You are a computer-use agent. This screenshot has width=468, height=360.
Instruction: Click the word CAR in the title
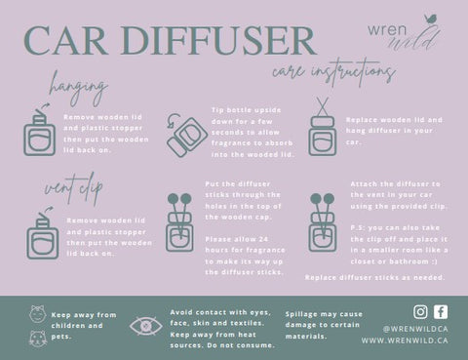pos(65,40)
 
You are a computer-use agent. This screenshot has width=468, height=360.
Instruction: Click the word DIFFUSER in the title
pos(218,40)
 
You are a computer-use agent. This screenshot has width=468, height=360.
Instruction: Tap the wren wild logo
pos(404,33)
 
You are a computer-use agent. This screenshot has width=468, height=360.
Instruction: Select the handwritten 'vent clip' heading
pos(73,188)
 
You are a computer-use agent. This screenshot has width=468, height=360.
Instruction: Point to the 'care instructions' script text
pos(333,71)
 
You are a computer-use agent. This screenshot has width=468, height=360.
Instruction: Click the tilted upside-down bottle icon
pos(187,136)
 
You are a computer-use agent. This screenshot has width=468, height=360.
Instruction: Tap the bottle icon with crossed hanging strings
pos(323,127)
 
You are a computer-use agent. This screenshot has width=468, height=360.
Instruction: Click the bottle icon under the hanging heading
pos(39,130)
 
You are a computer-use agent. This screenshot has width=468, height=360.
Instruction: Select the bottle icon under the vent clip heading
pos(43,232)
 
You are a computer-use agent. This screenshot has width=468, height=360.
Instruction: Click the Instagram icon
pos(420,312)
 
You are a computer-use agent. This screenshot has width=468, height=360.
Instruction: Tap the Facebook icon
pos(441,312)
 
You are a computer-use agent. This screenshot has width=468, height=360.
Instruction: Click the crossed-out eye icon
pos(146,326)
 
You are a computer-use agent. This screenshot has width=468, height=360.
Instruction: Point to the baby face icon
pos(37,314)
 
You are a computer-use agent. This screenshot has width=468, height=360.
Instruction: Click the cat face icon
pos(38,340)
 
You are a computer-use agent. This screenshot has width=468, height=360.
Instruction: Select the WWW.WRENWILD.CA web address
pos(405,340)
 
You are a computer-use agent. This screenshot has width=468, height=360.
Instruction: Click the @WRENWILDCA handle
pos(415,329)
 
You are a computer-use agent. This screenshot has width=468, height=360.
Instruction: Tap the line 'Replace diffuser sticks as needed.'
pos(375,277)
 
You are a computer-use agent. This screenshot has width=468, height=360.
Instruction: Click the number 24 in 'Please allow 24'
pos(263,239)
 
